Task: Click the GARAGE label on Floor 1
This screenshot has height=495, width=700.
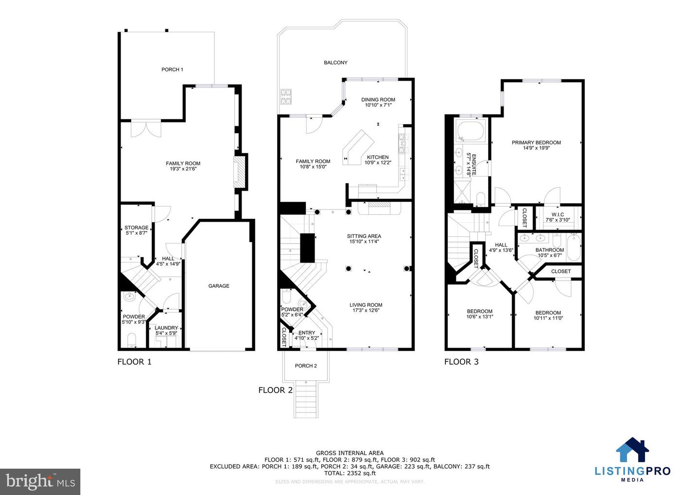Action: [x=219, y=286]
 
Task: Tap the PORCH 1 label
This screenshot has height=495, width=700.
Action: [x=172, y=70]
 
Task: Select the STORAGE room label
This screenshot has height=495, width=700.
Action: [x=136, y=228]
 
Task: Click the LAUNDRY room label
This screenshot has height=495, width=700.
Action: [x=166, y=328]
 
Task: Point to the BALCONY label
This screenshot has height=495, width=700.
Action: [x=335, y=63]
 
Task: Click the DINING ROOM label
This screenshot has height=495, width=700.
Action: [x=378, y=100]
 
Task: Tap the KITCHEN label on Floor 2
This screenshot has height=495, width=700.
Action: [x=377, y=157]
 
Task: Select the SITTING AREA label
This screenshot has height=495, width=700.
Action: [x=364, y=236]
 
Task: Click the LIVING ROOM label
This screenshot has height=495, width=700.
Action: [x=366, y=305]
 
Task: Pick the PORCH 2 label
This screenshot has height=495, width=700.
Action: [x=306, y=366]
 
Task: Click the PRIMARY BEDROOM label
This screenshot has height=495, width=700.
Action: [x=536, y=142]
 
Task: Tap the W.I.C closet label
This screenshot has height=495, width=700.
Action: [x=557, y=214]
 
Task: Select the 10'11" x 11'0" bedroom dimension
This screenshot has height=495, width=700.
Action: [x=548, y=318]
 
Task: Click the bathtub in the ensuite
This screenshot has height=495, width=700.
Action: [x=470, y=131]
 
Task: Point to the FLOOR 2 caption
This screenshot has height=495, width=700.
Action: [x=275, y=390]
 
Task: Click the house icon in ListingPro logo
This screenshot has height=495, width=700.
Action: [x=632, y=450]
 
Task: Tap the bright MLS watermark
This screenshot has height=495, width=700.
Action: [x=40, y=482]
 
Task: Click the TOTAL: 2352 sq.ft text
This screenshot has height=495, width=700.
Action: [x=350, y=473]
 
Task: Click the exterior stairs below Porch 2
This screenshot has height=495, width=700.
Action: [x=306, y=400]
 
